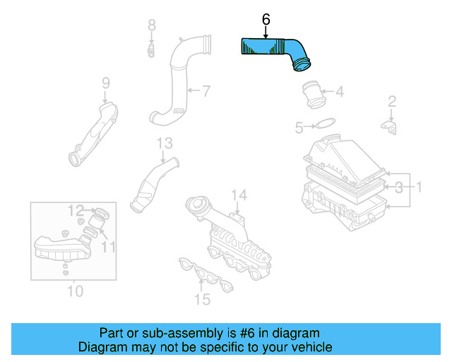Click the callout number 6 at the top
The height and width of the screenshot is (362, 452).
(266, 21)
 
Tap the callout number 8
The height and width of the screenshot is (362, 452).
(151, 26)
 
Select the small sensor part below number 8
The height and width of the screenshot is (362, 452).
(151, 50)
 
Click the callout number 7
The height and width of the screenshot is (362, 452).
(206, 90)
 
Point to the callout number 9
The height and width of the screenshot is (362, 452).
(105, 83)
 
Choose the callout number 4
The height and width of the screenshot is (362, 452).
(340, 91)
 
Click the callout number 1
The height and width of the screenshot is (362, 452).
(418, 187)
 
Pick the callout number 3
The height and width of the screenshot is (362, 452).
(399, 187)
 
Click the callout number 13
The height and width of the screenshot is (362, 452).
(164, 144)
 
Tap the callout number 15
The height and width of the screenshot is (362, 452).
(202, 299)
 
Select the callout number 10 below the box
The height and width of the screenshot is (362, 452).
(74, 291)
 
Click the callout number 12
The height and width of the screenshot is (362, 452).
(76, 209)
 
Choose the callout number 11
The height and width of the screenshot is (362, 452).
(107, 246)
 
